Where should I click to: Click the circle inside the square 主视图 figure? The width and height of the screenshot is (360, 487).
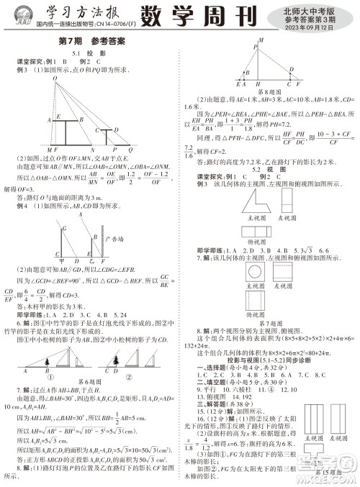(256, 271)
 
